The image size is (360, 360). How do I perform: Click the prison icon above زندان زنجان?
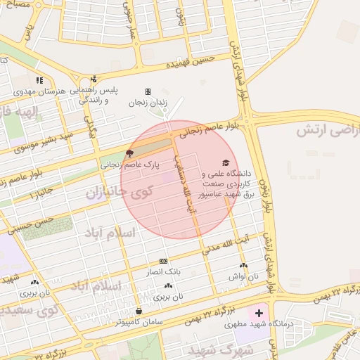pos(148,91)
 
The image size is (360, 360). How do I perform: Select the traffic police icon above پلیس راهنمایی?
pos(94,79)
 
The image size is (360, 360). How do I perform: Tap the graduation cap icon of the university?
pos(226,162)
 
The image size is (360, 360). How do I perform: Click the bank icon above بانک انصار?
pos(164,260)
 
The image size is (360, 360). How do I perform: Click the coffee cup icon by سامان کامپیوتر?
pos(139,311)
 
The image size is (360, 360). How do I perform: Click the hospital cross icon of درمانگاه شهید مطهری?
pos(259,311)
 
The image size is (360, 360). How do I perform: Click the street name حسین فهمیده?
pos(188,65)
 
